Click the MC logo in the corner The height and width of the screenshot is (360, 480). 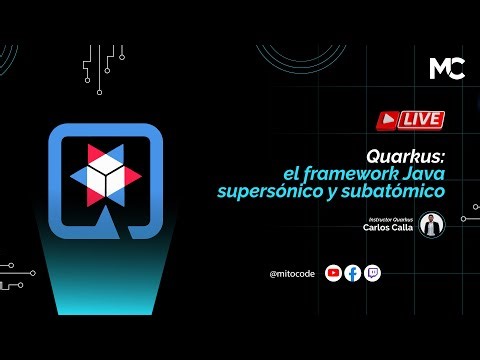(x=445, y=68)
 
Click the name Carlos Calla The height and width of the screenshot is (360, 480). (x=390, y=227)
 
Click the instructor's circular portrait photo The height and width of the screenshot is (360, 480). (x=431, y=224)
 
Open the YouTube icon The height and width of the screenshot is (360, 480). (x=334, y=272)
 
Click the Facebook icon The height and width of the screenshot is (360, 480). (x=353, y=272)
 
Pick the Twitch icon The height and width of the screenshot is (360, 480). (x=372, y=272)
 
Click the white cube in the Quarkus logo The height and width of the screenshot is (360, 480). (x=104, y=175)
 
